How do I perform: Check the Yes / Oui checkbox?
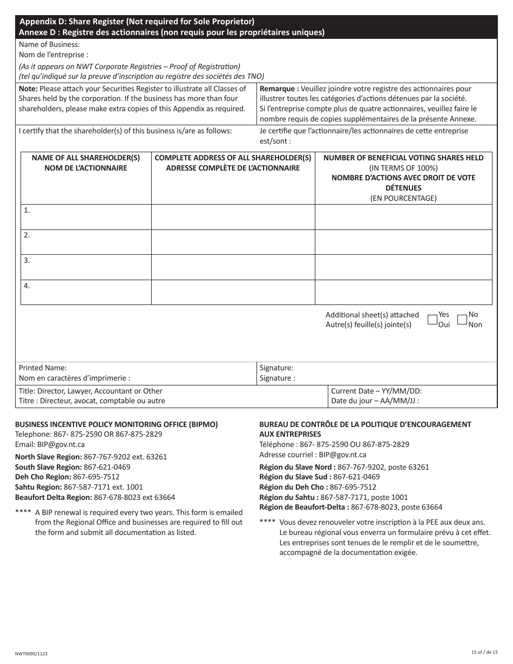tap(432, 320)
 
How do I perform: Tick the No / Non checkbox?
tap(462, 320)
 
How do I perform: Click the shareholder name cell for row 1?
tap(86, 217)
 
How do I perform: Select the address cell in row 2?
tap(233, 242)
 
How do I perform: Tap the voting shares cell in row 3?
tap(403, 267)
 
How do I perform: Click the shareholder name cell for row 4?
tap(86, 292)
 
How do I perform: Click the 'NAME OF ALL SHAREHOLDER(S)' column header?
tap(86, 158)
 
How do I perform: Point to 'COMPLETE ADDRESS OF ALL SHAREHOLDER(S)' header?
tap(233, 158)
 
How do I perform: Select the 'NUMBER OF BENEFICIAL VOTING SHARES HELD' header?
tap(403, 158)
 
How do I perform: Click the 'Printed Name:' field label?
tap(43, 368)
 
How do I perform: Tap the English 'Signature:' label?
tap(276, 368)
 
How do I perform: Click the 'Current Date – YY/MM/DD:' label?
tap(376, 391)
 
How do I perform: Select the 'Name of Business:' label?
tap(49, 45)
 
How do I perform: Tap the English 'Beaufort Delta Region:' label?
tap(53, 497)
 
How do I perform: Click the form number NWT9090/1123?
tap(31, 653)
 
